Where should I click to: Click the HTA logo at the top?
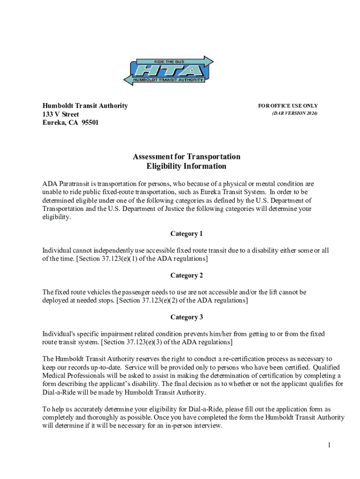168,71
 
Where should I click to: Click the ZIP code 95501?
89,123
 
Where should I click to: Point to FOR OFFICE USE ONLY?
288,106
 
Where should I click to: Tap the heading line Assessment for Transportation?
187,157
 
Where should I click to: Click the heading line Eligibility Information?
187,167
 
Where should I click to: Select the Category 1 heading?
187,234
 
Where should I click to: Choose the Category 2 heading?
187,276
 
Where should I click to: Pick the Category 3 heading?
187,317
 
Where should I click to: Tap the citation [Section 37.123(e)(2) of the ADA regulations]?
182,300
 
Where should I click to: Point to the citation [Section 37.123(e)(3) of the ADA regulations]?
166,342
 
